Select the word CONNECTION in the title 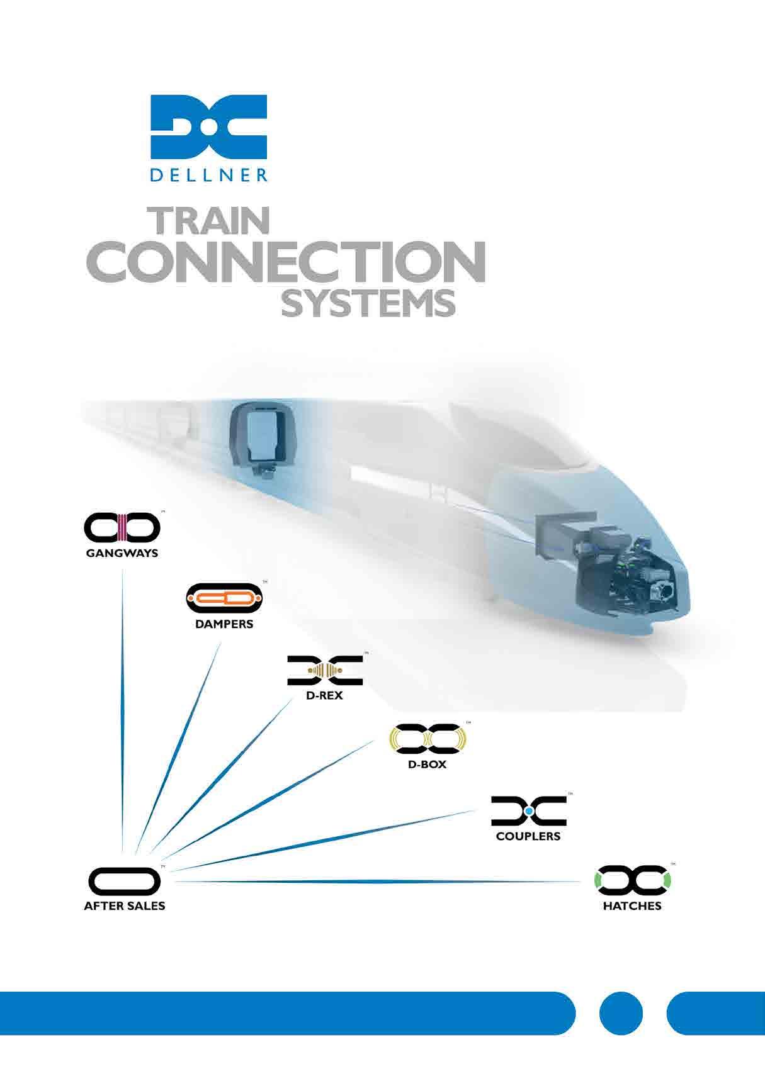coord(285,260)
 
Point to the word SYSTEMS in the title coord(368,303)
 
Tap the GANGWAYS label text coord(122,554)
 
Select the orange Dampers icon coord(224,598)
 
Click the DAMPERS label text coord(224,624)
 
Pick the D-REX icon coord(325,670)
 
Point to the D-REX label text coord(325,696)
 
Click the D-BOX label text coord(428,765)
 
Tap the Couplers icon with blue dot coord(528,811)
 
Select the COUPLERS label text coord(528,836)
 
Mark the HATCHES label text coord(632,906)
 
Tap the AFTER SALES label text coord(125,906)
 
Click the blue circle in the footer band coord(621,1013)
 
